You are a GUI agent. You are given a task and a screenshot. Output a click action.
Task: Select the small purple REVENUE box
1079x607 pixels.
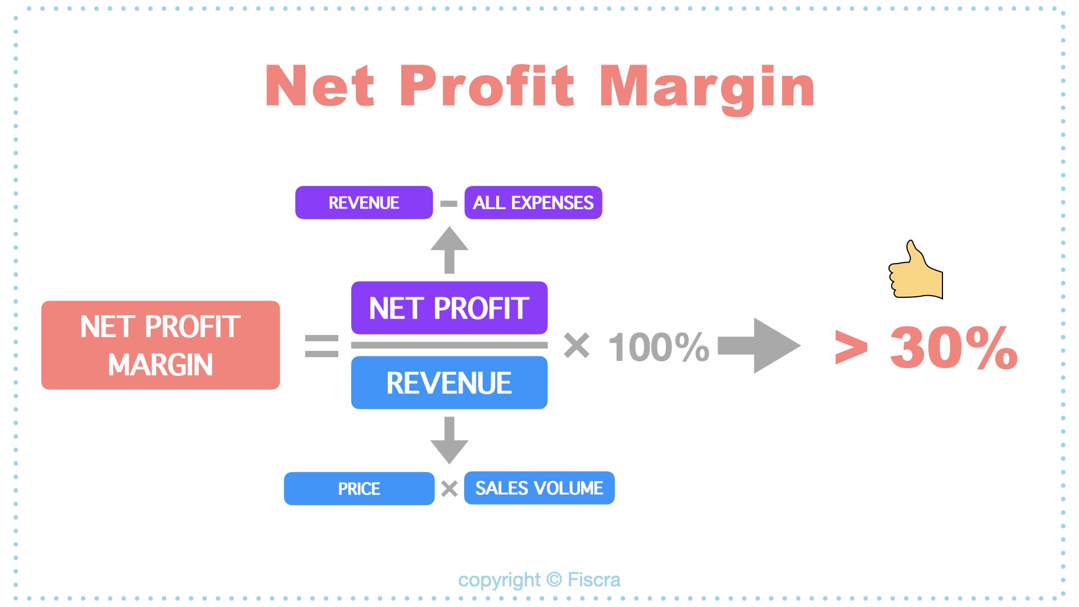coord(364,202)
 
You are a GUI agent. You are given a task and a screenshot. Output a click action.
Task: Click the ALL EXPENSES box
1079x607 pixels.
coord(533,202)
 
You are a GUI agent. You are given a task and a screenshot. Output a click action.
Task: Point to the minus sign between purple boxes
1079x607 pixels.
coord(449,203)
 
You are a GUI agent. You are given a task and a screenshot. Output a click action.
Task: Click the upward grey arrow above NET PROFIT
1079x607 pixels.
coord(450,250)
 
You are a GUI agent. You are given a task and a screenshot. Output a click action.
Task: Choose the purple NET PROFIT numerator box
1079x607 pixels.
coord(450,308)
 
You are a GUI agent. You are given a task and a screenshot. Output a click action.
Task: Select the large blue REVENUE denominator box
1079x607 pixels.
coord(450,383)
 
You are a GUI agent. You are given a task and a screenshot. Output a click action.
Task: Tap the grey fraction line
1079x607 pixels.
coord(450,345)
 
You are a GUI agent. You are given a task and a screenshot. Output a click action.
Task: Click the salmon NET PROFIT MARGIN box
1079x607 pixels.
coord(161,345)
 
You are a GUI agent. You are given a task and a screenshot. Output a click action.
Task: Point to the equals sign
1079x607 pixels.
coord(322,346)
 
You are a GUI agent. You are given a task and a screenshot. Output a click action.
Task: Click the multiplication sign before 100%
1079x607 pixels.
coord(577,345)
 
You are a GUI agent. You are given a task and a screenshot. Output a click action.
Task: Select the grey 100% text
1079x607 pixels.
coord(659,346)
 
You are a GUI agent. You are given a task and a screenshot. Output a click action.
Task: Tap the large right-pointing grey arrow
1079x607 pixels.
coord(759,346)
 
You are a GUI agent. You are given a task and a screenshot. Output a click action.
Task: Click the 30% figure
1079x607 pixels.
coord(954,348)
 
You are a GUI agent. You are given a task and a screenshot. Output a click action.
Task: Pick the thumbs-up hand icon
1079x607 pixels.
coord(915,270)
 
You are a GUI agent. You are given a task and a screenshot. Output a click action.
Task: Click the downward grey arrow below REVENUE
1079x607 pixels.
coord(450,440)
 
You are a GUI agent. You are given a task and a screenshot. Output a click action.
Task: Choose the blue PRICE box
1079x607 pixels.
coord(359,488)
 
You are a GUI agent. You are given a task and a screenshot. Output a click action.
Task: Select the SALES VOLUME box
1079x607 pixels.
coord(539,488)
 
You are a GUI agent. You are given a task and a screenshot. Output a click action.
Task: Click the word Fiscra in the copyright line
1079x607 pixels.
coord(594,579)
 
